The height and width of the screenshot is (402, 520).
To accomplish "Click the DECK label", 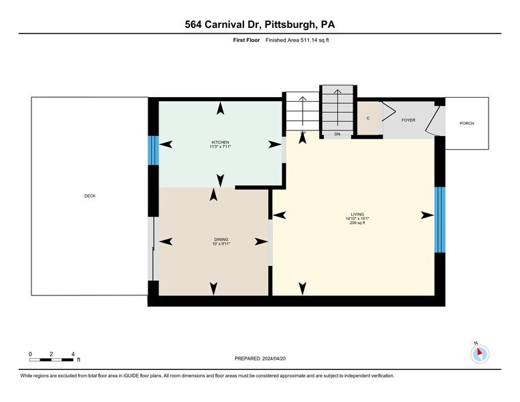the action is pyautogui.click(x=90, y=196).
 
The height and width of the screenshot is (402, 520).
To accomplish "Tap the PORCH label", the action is pyautogui.click(x=467, y=123).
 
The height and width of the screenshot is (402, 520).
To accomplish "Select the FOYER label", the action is pyautogui.click(x=408, y=120).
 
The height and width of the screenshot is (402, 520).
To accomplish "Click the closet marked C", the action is pyautogui.click(x=368, y=118).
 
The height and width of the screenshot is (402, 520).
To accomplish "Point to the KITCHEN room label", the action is pyautogui.click(x=221, y=142).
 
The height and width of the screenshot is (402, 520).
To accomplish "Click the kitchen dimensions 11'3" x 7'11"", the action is pyautogui.click(x=220, y=146).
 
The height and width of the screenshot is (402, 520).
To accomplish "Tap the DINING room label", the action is pyautogui.click(x=221, y=239).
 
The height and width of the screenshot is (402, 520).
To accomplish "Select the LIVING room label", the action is pyautogui.click(x=357, y=214).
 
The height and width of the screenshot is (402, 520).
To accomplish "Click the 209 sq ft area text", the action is pyautogui.click(x=357, y=223).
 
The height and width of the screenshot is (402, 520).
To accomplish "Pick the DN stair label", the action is pyautogui.click(x=338, y=134).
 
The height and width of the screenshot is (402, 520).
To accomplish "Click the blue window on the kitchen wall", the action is pyautogui.click(x=153, y=150).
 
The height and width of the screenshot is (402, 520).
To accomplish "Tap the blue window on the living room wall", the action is pyautogui.click(x=440, y=220).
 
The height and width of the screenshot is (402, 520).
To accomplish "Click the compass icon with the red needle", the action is pyautogui.click(x=480, y=354).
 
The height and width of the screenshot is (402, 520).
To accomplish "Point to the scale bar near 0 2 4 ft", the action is pyautogui.click(x=51, y=360).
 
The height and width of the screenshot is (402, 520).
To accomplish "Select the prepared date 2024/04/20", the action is pyautogui.click(x=274, y=358).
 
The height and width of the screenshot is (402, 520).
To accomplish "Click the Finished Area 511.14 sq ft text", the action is pyautogui.click(x=297, y=40).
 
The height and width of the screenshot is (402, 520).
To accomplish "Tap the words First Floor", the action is pyautogui.click(x=247, y=40).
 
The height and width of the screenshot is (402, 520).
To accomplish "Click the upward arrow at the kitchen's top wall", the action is pyautogui.click(x=220, y=109).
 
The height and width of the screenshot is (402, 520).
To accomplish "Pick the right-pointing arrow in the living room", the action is pyautogui.click(x=427, y=215).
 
